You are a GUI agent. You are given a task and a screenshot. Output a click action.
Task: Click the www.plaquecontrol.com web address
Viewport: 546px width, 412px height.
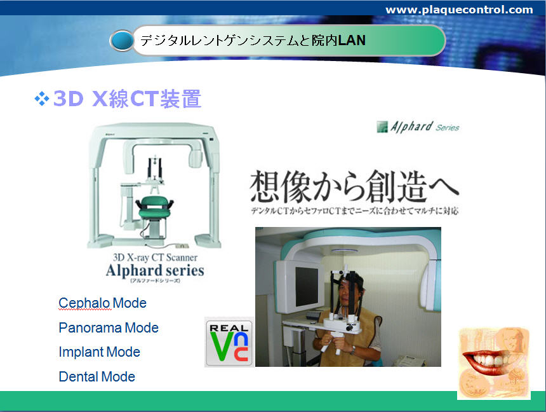(459, 10)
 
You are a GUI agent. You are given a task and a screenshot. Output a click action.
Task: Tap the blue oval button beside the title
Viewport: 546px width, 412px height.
(121, 41)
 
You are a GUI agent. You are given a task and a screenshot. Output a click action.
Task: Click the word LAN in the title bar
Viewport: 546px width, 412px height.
(352, 41)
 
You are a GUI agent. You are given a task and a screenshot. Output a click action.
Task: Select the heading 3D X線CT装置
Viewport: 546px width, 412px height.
(128, 99)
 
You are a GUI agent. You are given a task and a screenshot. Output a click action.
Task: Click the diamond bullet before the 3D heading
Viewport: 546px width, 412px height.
(42, 99)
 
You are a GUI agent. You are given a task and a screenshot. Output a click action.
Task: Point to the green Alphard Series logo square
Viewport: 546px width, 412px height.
(382, 127)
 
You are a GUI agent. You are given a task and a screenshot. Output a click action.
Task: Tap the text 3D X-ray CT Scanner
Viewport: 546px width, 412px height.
(155, 257)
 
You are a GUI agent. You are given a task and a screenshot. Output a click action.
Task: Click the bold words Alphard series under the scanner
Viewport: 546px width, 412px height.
(155, 270)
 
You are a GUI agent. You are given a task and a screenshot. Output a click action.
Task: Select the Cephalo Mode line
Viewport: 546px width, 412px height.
(102, 303)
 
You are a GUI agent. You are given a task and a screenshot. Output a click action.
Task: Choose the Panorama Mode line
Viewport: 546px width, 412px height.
(109, 327)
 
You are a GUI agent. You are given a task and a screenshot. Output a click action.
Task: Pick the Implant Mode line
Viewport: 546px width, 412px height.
(99, 352)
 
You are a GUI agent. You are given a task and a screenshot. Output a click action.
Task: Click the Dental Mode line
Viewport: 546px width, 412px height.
(97, 377)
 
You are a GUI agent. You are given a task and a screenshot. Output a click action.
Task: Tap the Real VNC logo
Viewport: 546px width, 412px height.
(229, 342)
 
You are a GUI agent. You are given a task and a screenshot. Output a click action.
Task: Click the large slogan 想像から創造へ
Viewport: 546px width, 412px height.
(354, 187)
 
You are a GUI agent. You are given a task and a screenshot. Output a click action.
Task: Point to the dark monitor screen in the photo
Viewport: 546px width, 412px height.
(307, 286)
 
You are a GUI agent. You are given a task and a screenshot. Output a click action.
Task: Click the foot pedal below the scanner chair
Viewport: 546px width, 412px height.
(181, 246)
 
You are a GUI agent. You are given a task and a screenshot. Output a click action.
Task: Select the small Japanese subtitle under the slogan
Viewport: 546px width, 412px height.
(354, 210)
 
